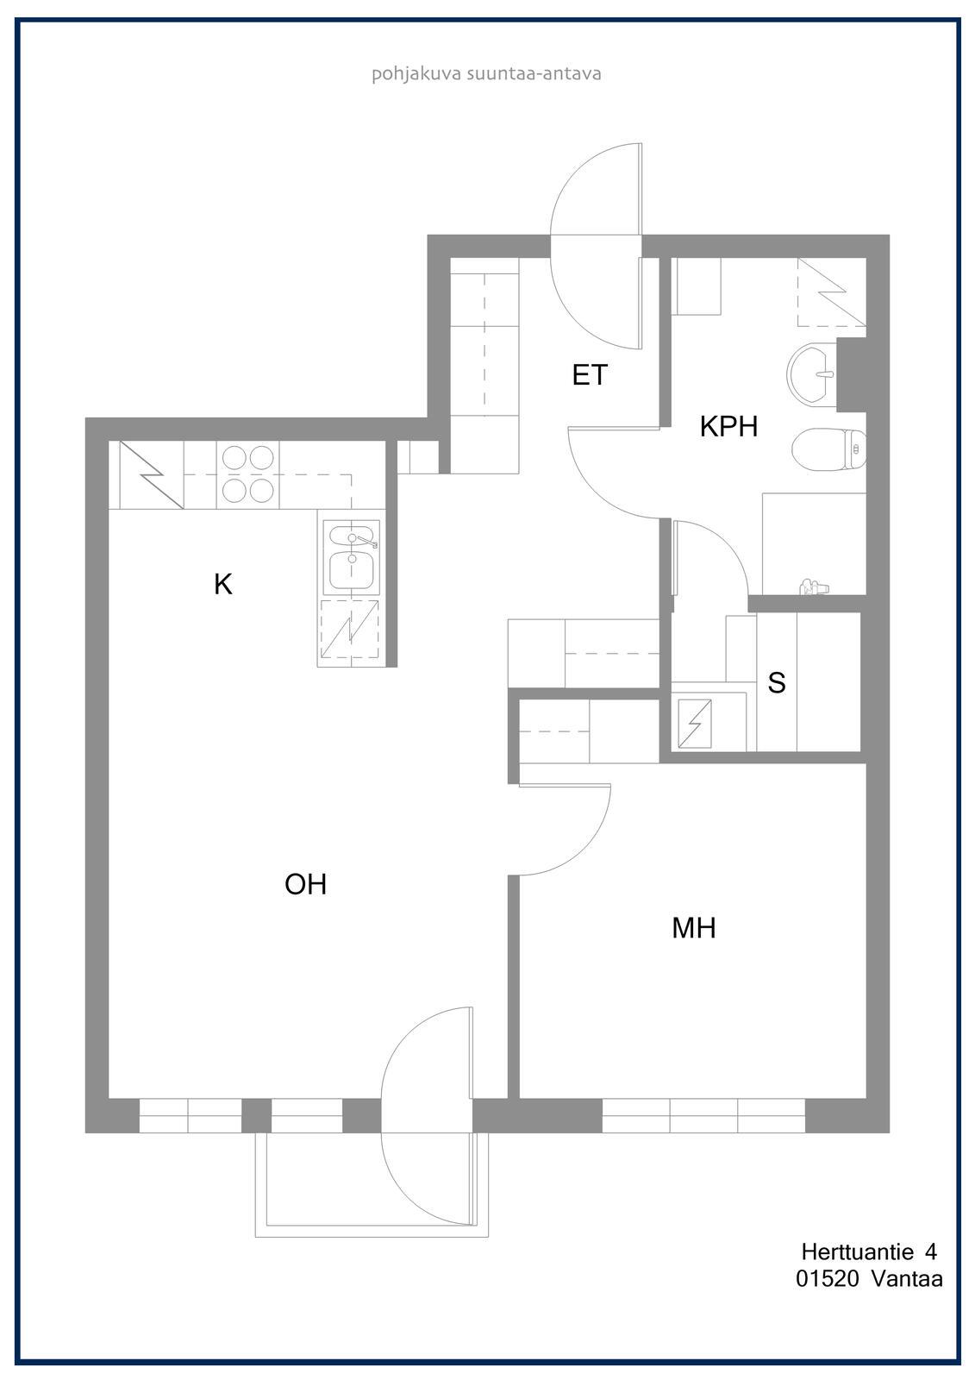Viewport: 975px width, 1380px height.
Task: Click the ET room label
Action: [x=590, y=374]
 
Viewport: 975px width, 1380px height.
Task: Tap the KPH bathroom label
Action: [x=728, y=426]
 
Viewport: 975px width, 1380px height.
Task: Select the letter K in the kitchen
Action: [x=223, y=584]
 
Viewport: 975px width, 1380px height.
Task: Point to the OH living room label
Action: [x=305, y=885]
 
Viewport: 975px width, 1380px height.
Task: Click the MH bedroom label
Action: [x=694, y=928]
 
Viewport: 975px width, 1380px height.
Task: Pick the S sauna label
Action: [x=777, y=682]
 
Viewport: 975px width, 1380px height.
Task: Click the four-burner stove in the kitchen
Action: [x=248, y=474]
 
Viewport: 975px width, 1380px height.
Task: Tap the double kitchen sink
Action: [x=351, y=558]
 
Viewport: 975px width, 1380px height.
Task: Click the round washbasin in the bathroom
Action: [x=812, y=373]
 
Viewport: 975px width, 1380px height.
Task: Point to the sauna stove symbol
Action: [x=694, y=723]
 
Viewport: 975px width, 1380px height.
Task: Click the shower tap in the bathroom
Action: [x=815, y=586]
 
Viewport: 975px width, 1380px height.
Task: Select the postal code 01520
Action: [x=827, y=1279]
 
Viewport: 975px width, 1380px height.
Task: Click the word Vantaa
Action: [x=907, y=1279]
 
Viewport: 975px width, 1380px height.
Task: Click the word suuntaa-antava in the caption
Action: [x=534, y=74]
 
